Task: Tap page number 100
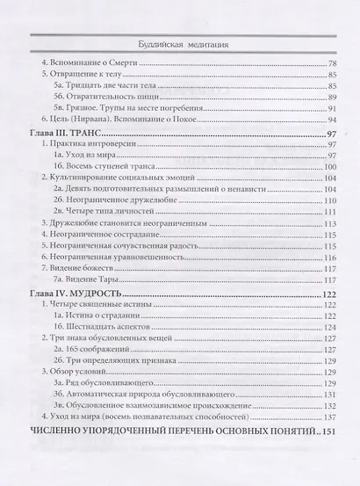click(x=330, y=166)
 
